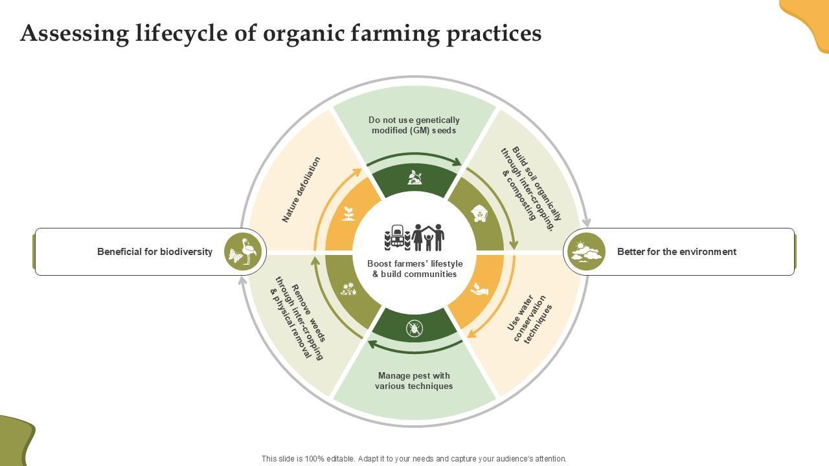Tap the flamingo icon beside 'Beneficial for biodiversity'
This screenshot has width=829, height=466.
(x=244, y=252)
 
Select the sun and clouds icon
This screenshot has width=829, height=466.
(x=585, y=252)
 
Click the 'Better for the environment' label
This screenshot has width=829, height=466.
(x=676, y=252)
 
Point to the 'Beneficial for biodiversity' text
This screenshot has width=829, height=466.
(x=155, y=252)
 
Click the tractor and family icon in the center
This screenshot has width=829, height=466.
(x=414, y=238)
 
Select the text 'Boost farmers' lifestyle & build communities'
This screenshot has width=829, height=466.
(x=414, y=269)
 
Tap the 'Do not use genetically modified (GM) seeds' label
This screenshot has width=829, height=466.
(x=414, y=125)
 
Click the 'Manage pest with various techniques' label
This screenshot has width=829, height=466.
(x=414, y=381)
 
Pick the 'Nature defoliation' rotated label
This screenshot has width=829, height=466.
(x=301, y=190)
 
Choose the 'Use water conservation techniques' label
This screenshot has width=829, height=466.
(x=529, y=319)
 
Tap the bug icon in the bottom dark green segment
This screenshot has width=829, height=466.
(x=414, y=328)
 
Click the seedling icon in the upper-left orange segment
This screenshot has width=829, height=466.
(x=348, y=214)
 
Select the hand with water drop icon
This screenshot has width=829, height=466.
(x=479, y=289)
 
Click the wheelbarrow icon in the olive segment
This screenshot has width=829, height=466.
(x=479, y=214)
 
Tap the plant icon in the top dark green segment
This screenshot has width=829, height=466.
(x=414, y=177)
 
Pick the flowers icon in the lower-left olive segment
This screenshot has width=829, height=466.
(x=348, y=289)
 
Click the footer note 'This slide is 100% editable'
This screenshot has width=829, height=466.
(x=414, y=458)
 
